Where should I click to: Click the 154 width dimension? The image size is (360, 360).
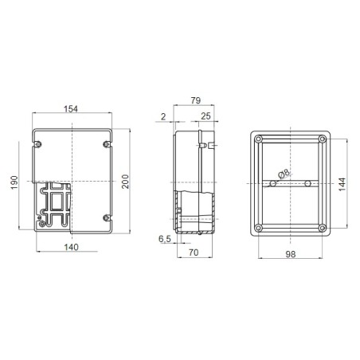(71, 108)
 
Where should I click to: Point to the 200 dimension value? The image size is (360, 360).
(124, 182)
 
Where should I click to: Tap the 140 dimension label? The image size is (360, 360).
(71, 248)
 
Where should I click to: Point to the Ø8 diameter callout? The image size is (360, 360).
(284, 171)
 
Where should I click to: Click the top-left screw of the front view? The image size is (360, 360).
(38, 144)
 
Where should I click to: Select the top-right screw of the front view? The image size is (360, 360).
(107, 144)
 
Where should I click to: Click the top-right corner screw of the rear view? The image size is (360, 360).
(323, 139)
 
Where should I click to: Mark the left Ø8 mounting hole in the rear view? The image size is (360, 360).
(272, 184)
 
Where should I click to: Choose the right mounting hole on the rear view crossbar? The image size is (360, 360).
(308, 184)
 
